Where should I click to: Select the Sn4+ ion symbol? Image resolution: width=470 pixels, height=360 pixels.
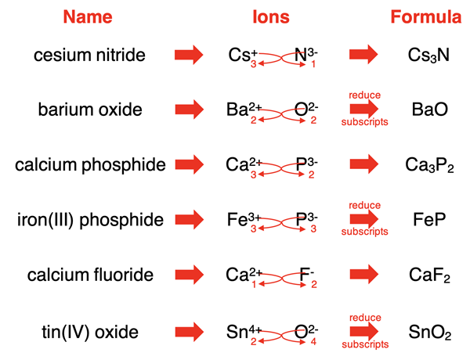pyautogui.click(x=241, y=331)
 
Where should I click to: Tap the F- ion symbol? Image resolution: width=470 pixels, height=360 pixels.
pyautogui.click(x=306, y=275)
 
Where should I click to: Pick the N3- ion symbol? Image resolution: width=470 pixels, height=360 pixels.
pyautogui.click(x=305, y=54)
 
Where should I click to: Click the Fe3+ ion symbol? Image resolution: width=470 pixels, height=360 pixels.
pyautogui.click(x=240, y=220)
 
